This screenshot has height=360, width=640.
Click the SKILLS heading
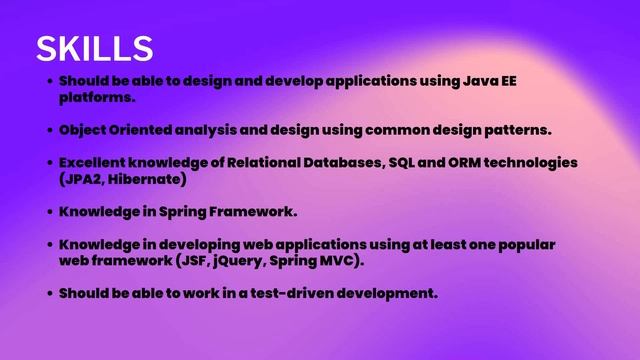(x=94, y=47)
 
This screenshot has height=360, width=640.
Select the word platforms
(x=96, y=98)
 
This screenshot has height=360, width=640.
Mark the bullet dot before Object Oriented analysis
(x=49, y=131)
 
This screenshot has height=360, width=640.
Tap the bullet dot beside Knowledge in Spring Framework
(x=49, y=212)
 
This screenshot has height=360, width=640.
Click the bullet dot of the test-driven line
(x=49, y=293)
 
